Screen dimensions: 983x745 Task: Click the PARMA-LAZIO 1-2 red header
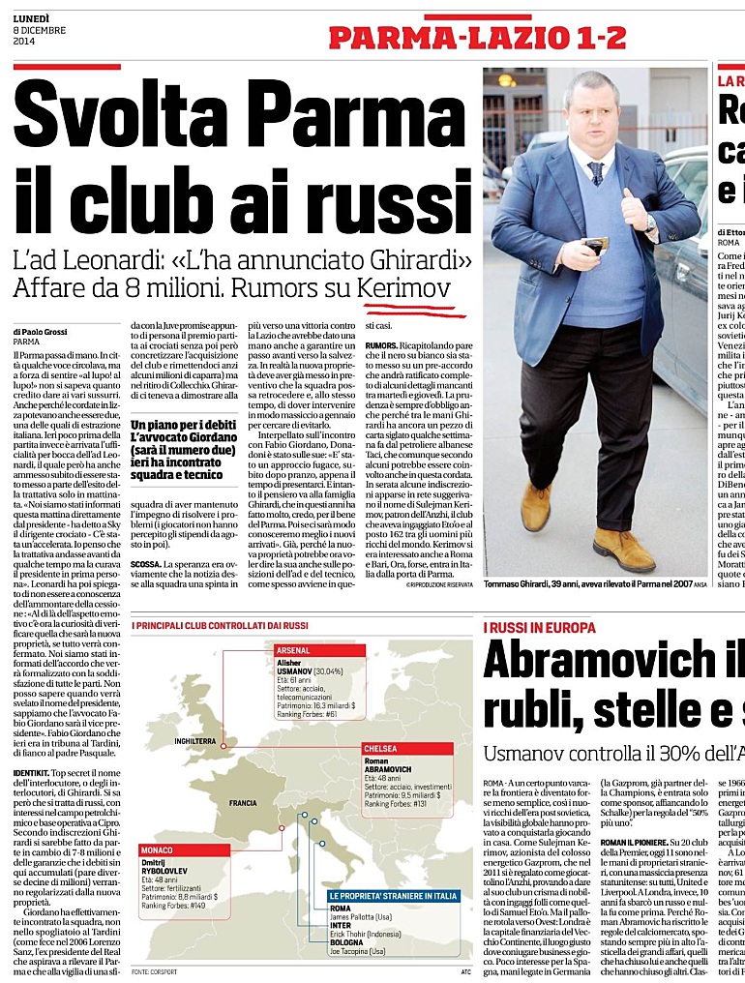[x=477, y=38]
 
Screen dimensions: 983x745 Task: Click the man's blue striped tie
[x=595, y=172]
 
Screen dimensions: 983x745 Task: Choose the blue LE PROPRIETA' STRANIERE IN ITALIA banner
[x=393, y=897]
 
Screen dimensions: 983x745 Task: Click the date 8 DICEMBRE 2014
[x=37, y=32]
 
